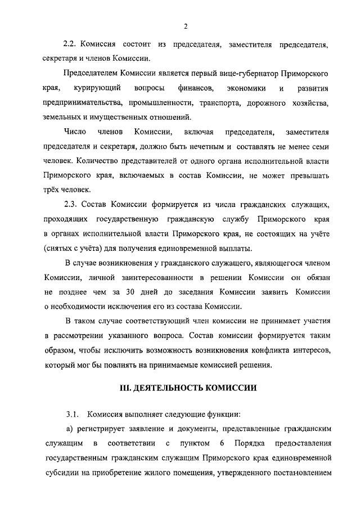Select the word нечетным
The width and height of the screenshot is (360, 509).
pyautogui.click(x=208, y=147)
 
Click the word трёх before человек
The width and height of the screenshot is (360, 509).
pyautogui.click(x=52, y=191)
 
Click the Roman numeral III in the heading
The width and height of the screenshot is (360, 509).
pyautogui.click(x=127, y=388)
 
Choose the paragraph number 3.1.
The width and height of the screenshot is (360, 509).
pyautogui.click(x=73, y=415)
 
